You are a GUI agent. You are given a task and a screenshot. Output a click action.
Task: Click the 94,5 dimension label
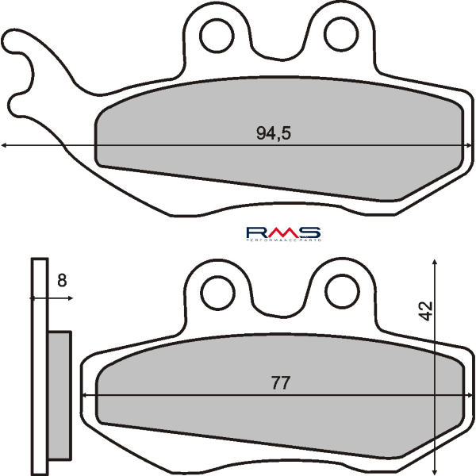274,134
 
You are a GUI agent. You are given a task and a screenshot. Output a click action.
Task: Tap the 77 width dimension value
279,383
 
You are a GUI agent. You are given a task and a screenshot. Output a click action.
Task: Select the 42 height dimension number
427,311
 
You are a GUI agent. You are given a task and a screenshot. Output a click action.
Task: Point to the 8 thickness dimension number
62,279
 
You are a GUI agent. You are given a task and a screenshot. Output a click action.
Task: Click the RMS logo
282,232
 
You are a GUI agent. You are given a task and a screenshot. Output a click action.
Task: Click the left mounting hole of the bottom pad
214,292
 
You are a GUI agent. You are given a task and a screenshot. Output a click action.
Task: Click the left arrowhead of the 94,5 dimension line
5,145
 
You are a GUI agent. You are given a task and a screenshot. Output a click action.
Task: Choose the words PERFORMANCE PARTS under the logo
282,239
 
